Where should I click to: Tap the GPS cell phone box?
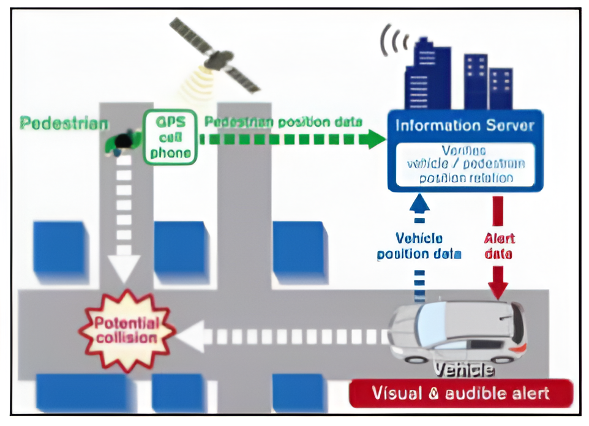coord(170,137)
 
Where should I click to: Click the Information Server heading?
coord(465,126)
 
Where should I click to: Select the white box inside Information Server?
coord(464,164)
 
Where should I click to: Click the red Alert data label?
coord(499,245)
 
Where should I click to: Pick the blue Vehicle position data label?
coord(419,245)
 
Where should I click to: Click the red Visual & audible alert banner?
coord(461,393)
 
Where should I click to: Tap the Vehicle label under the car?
coord(463,369)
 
